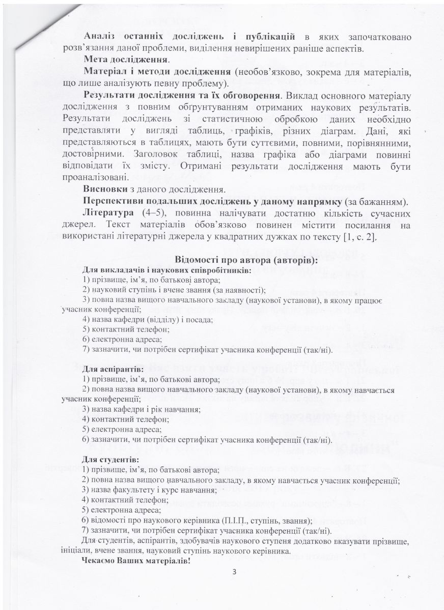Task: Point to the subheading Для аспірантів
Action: tap(113, 368)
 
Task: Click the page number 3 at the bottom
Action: tap(234, 571)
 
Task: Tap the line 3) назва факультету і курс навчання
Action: tap(149, 490)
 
